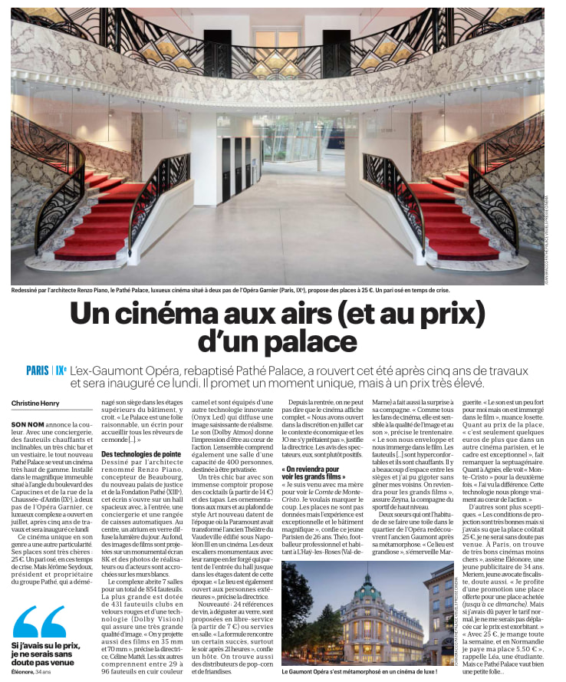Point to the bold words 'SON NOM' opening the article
coord(28,424)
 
